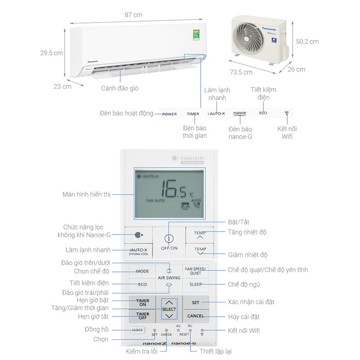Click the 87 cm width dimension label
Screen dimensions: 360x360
pos(134,15)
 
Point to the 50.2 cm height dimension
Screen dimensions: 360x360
pos(308,41)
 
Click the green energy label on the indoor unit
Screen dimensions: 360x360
pos(196,34)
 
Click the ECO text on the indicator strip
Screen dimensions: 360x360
pos(263,113)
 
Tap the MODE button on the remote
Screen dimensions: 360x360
pos(142,271)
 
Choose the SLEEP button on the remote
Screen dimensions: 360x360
pos(196,284)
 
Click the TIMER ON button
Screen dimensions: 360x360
pos(142,302)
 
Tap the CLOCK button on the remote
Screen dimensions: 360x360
pos(137,330)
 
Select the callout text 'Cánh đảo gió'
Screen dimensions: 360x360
pos(120,88)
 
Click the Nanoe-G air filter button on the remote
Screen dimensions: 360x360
pos(138,234)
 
